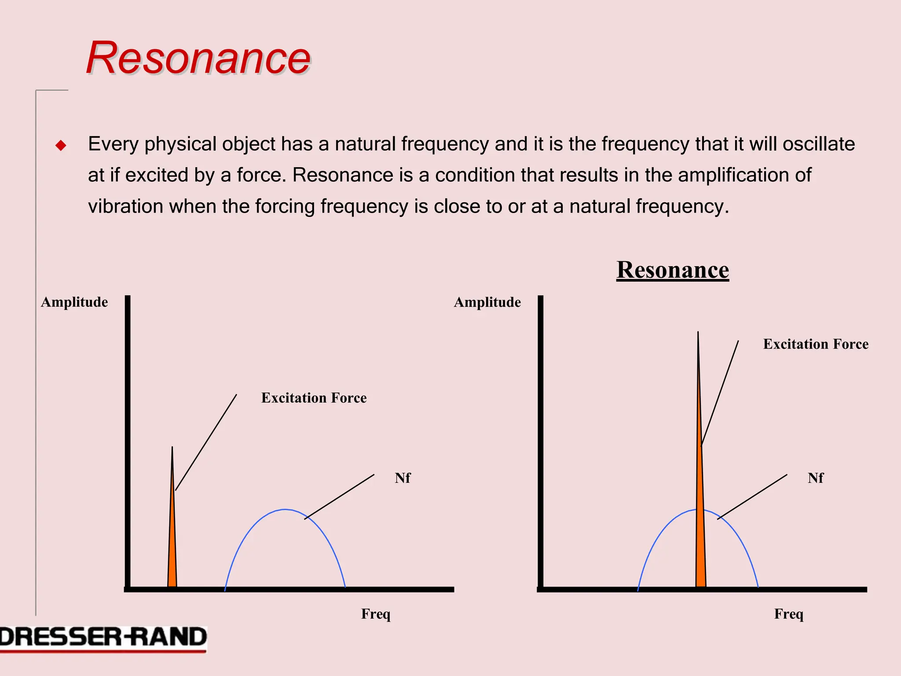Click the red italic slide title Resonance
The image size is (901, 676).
point(198,58)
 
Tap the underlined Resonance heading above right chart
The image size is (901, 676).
point(672,269)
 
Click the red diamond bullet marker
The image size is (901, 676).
point(61,146)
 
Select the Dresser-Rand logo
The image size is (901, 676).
point(103,638)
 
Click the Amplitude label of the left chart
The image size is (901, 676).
point(74,302)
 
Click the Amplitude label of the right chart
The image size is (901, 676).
point(487,302)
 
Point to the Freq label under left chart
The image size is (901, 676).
point(376,614)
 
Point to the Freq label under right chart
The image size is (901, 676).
point(788,614)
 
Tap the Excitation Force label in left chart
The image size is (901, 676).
point(314,398)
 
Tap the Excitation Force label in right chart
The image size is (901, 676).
point(816,344)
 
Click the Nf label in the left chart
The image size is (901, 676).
point(402,478)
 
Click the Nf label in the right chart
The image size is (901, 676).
point(815,478)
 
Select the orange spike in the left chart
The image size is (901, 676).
point(172,550)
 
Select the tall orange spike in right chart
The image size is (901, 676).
point(700,528)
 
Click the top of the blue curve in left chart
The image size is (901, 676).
point(285,510)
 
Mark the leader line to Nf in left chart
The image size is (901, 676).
point(339,497)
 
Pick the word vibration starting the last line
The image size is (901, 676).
point(125,206)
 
